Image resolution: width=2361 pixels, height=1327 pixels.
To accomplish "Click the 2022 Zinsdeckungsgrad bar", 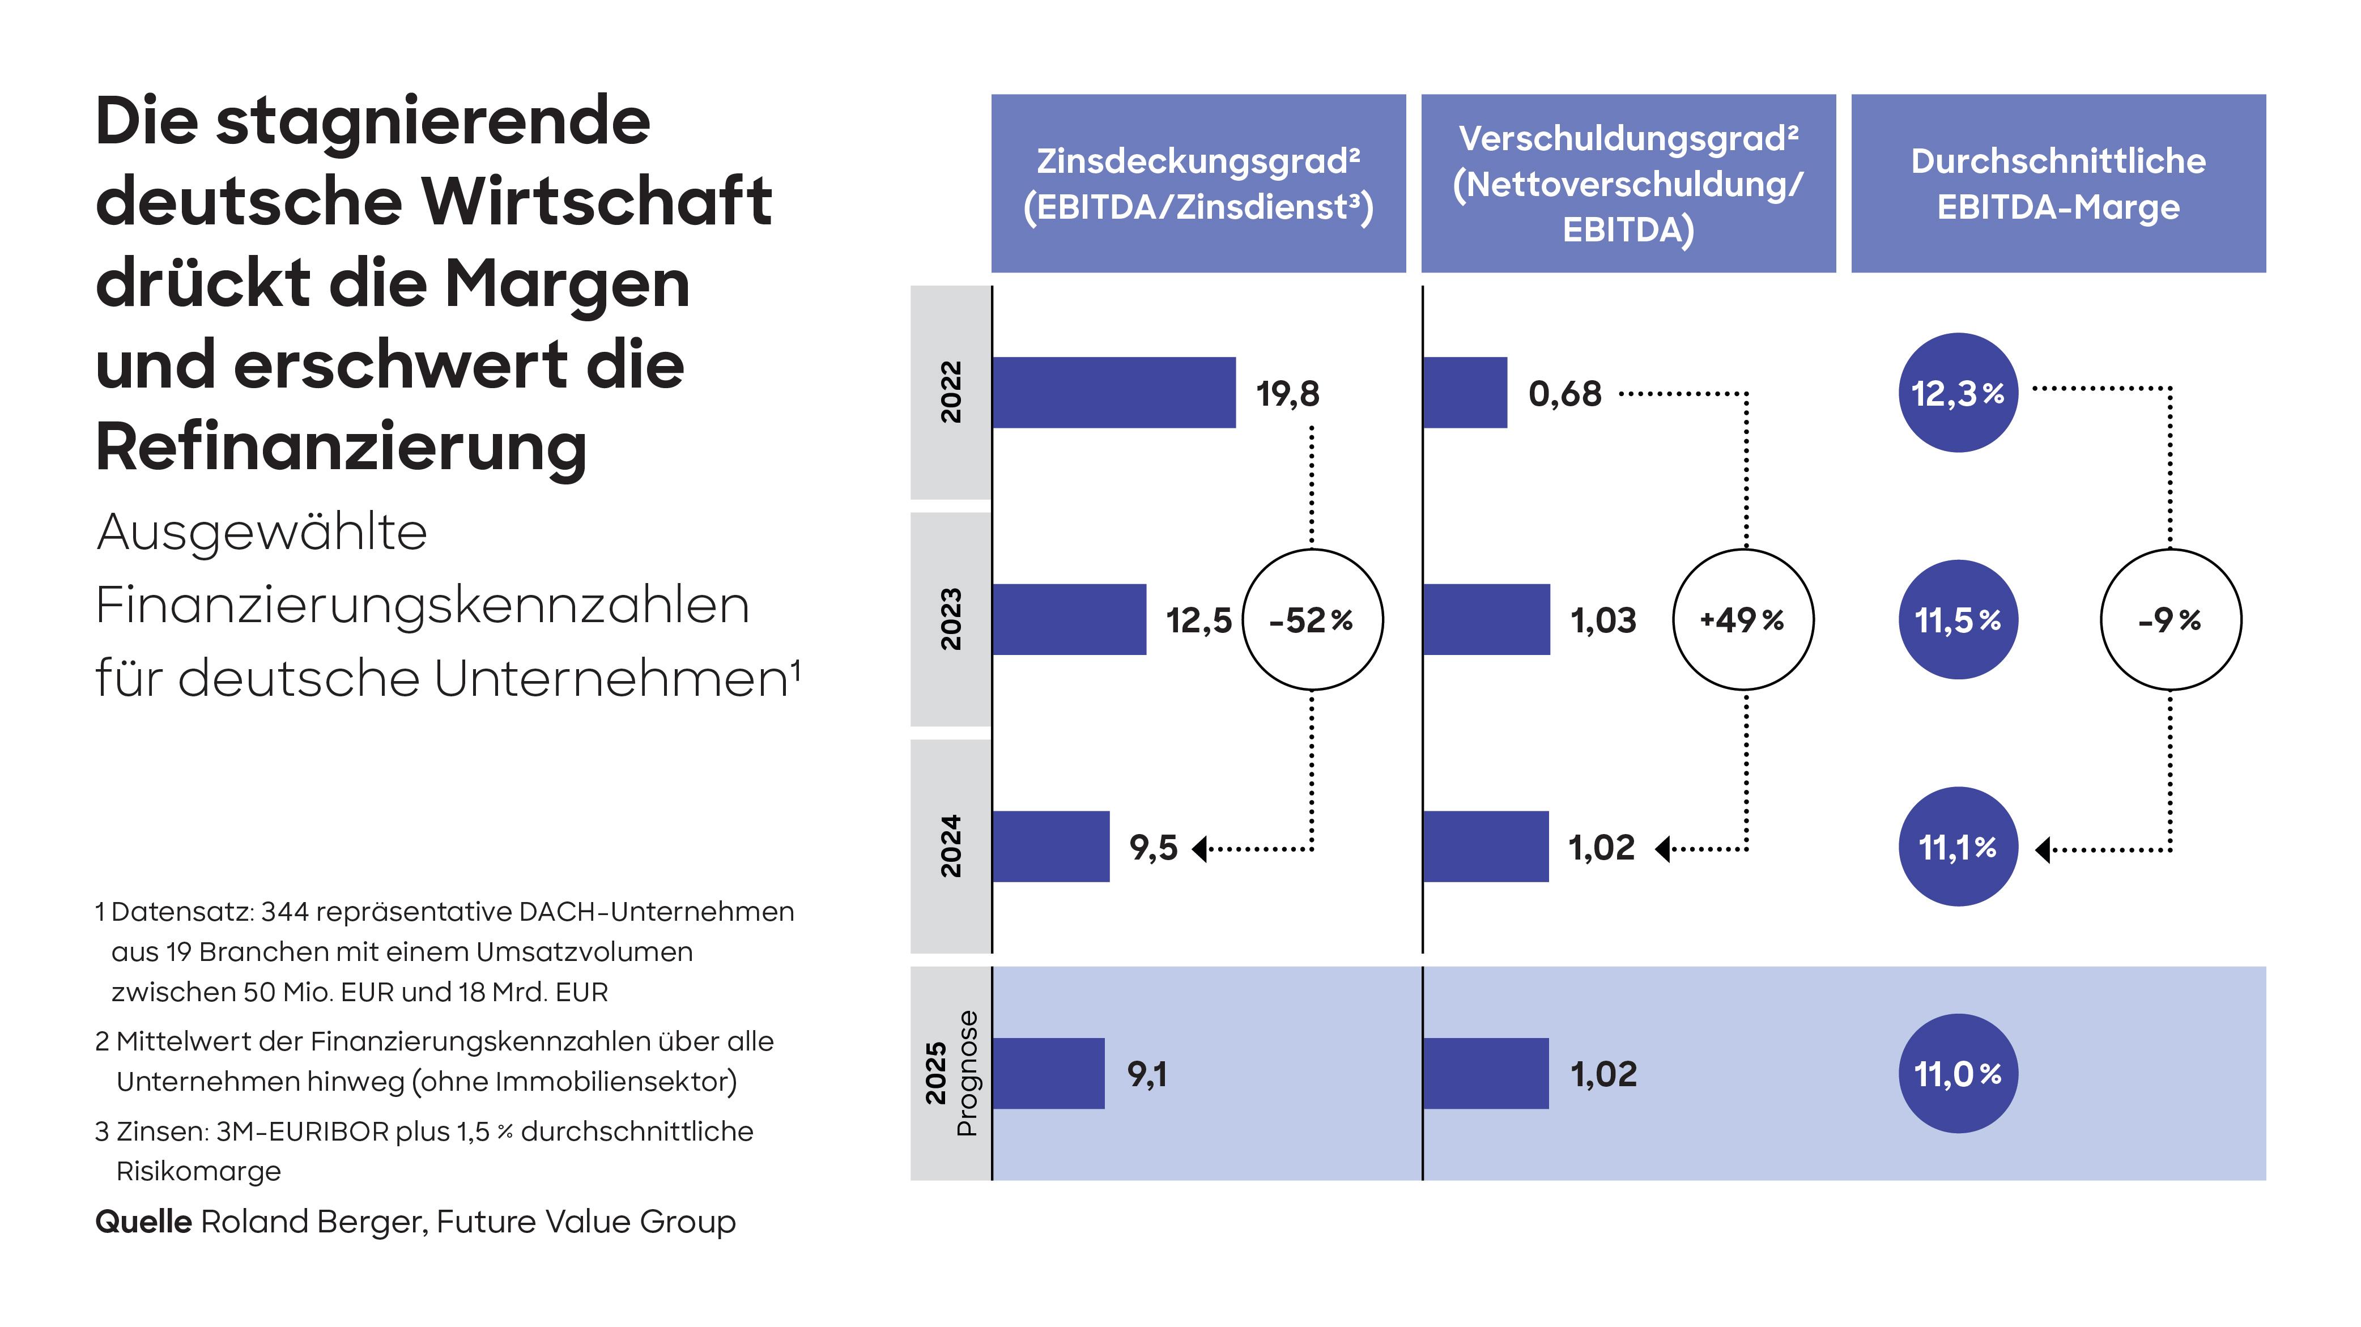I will coord(1113,392).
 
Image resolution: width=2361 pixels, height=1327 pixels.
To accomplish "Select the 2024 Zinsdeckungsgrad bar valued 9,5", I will coord(1050,846).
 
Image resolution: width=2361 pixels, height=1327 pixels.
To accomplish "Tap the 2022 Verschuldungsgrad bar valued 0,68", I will coord(1465,392).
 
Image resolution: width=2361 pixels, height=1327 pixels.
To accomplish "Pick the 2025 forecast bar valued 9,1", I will coord(1048,1073).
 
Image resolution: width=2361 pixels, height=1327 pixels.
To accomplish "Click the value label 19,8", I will coord(1287,394).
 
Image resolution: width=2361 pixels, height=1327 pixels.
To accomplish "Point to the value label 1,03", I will coord(1602,620).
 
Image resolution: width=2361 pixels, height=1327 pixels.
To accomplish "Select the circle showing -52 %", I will coord(1312,619).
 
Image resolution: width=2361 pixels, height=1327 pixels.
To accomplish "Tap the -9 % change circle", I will coord(2169,619).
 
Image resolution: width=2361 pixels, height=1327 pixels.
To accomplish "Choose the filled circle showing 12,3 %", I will coord(1958,392).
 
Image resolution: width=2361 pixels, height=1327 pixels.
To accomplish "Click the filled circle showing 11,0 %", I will coord(1958,1073).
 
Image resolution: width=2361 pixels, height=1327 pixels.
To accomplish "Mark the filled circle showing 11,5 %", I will coord(1958,619).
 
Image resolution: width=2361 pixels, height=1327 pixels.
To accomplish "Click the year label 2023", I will coord(950,619).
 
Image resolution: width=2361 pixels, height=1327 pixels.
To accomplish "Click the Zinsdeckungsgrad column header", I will coord(1198,183).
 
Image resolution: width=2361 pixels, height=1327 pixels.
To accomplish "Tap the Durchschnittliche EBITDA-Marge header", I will coord(2058,183).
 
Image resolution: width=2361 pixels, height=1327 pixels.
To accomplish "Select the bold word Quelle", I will coord(143,1222).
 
